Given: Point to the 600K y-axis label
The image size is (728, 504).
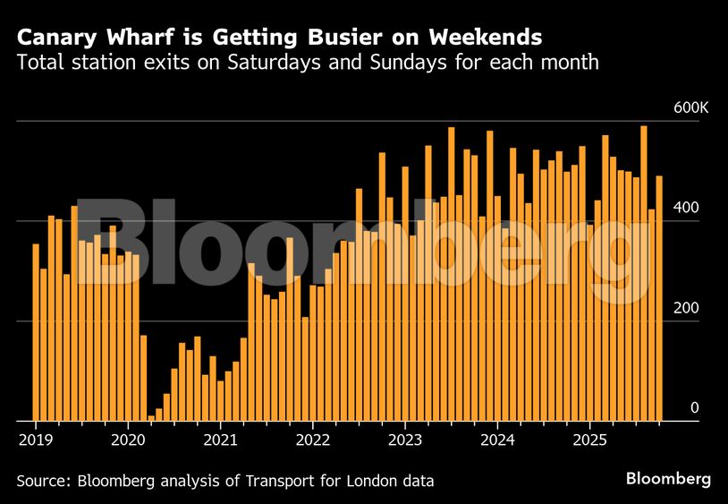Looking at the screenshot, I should tap(690, 107).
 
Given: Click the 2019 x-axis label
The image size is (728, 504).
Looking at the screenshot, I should tap(34, 440).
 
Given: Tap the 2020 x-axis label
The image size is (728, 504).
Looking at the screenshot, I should tap(127, 440).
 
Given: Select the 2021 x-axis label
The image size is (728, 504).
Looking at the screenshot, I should tap(220, 440).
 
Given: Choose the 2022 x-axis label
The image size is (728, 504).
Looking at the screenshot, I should tap(313, 440).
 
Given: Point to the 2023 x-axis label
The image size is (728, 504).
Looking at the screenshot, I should tap(405, 440).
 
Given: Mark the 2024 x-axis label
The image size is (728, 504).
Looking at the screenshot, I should tap(498, 440).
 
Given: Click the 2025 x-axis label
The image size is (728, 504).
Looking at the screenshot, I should tap(591, 440).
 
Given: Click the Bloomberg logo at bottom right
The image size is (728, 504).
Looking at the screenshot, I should tap(668, 479).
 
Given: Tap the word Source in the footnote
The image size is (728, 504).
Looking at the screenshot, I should tap(42, 482).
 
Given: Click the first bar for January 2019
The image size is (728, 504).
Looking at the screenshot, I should tap(36, 331).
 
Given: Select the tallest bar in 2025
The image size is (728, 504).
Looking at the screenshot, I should tap(644, 273).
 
